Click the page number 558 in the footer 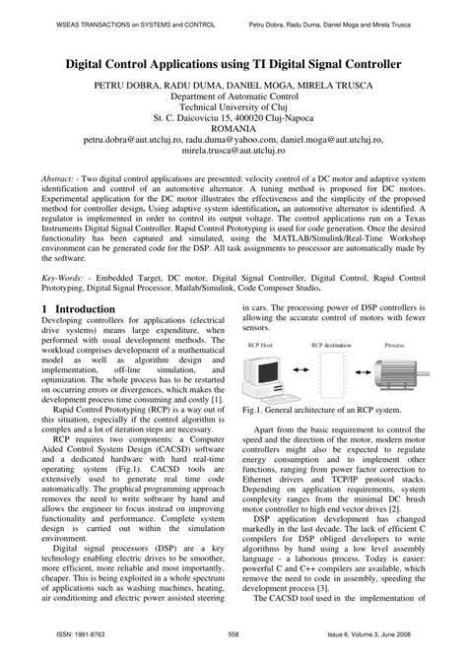pos(233,648)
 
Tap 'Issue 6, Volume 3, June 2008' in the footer pos(373,648)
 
